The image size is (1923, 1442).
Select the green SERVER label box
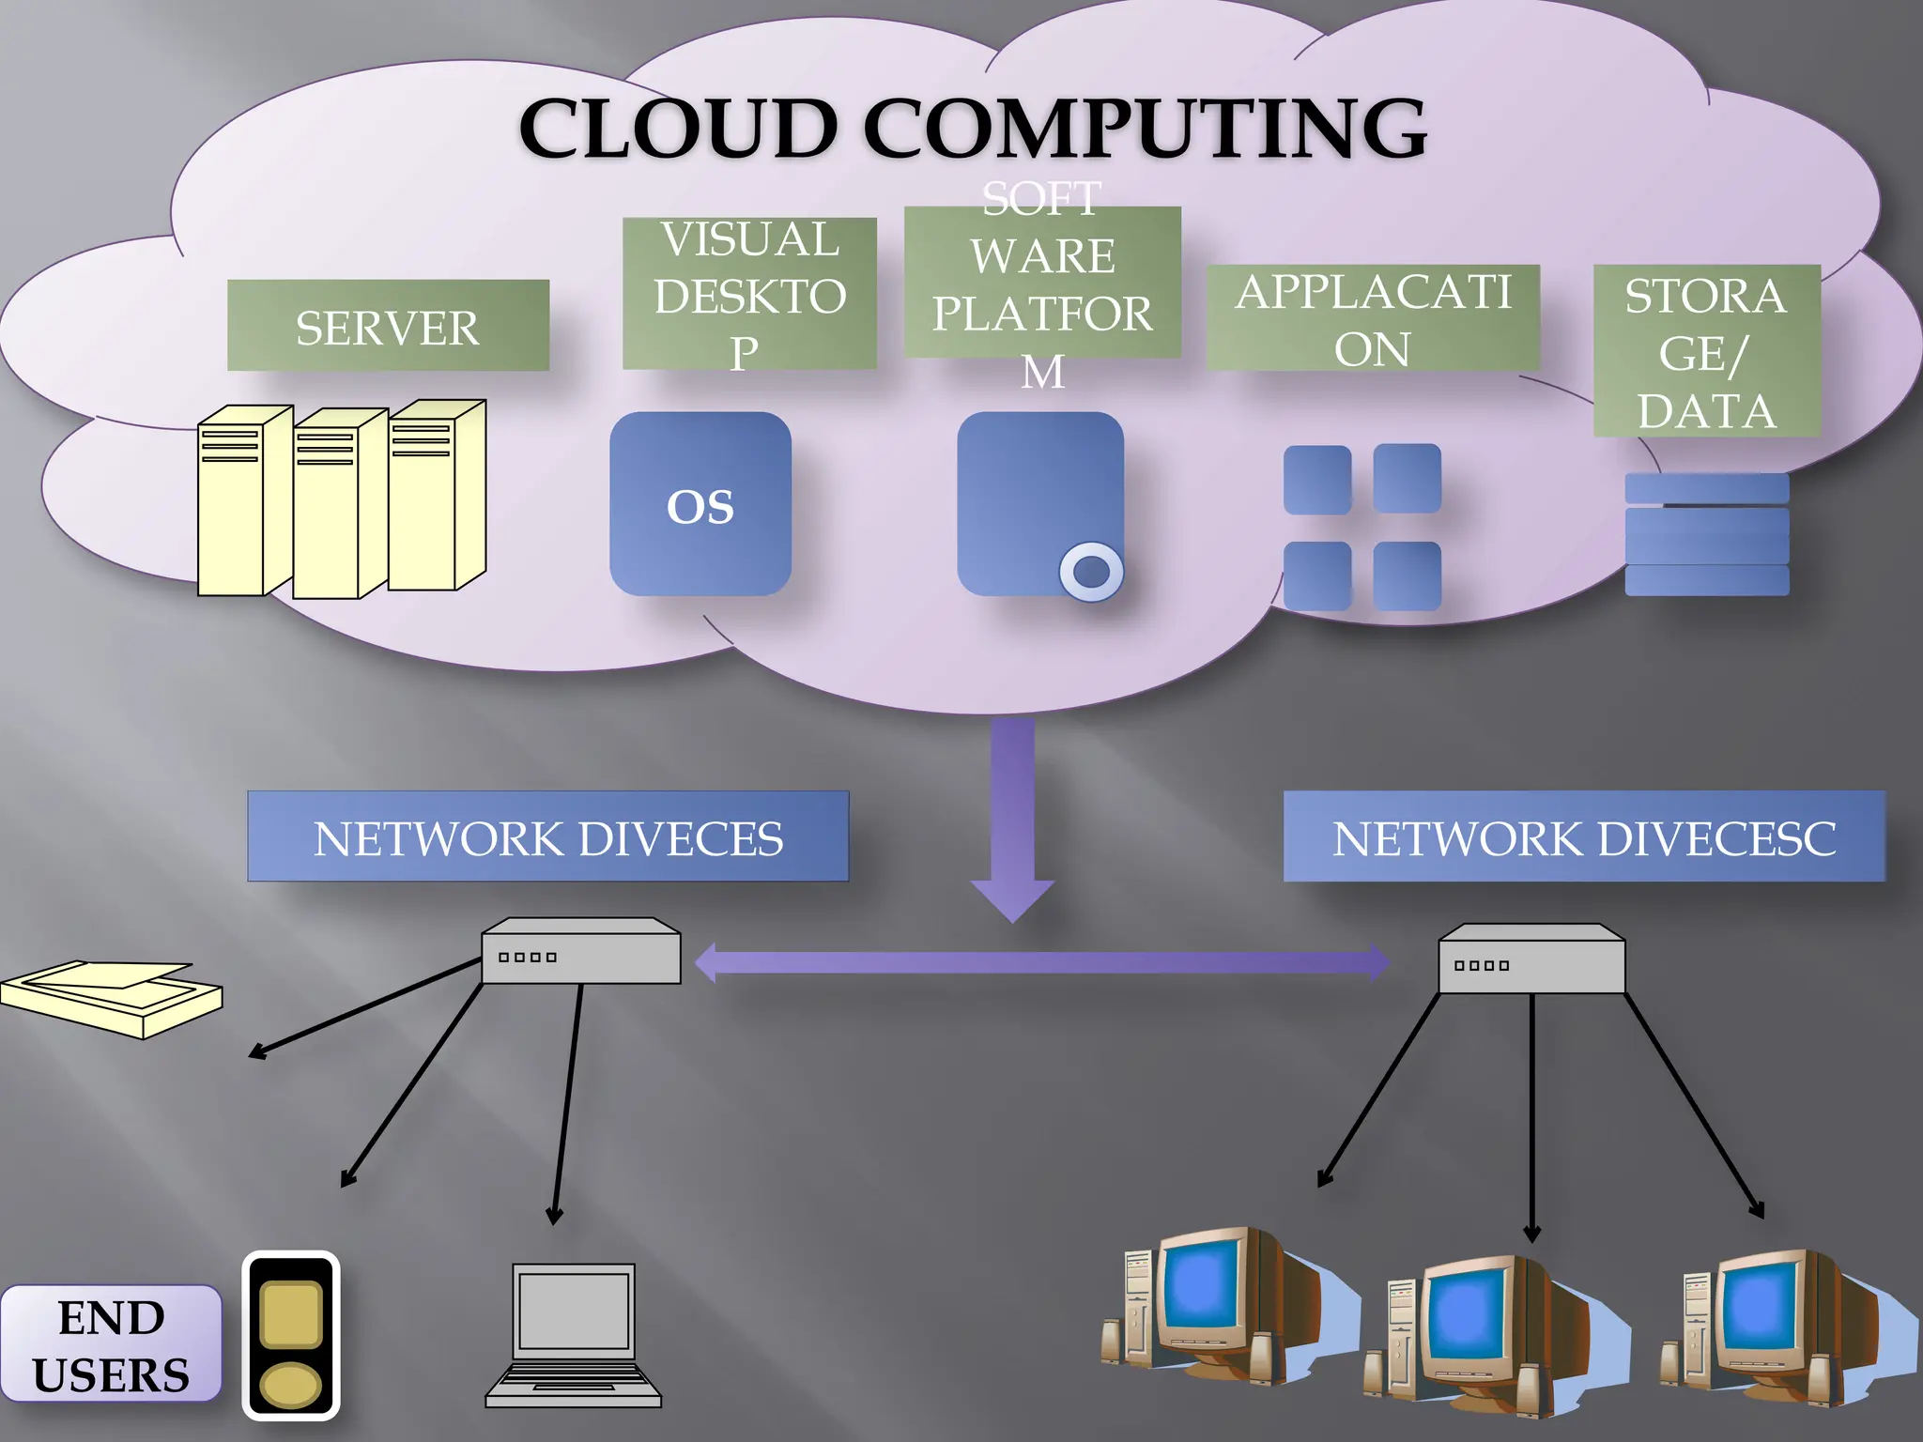388,326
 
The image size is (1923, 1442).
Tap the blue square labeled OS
700,504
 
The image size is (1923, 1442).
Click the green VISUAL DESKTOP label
749,294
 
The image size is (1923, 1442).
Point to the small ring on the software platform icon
1091,571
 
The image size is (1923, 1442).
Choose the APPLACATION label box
1372,318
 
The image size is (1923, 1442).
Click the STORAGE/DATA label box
1706,351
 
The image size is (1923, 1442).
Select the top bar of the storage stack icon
1706,488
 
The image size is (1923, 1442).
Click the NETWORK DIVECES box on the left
547,836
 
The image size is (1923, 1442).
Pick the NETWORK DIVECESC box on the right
1583,836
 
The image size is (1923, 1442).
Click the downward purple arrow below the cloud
1012,817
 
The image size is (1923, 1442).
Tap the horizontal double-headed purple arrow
1042,963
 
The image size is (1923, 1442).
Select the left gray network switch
580,952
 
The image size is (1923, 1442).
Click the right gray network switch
1531,959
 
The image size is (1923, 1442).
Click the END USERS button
111,1344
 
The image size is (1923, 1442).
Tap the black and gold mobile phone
290,1335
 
